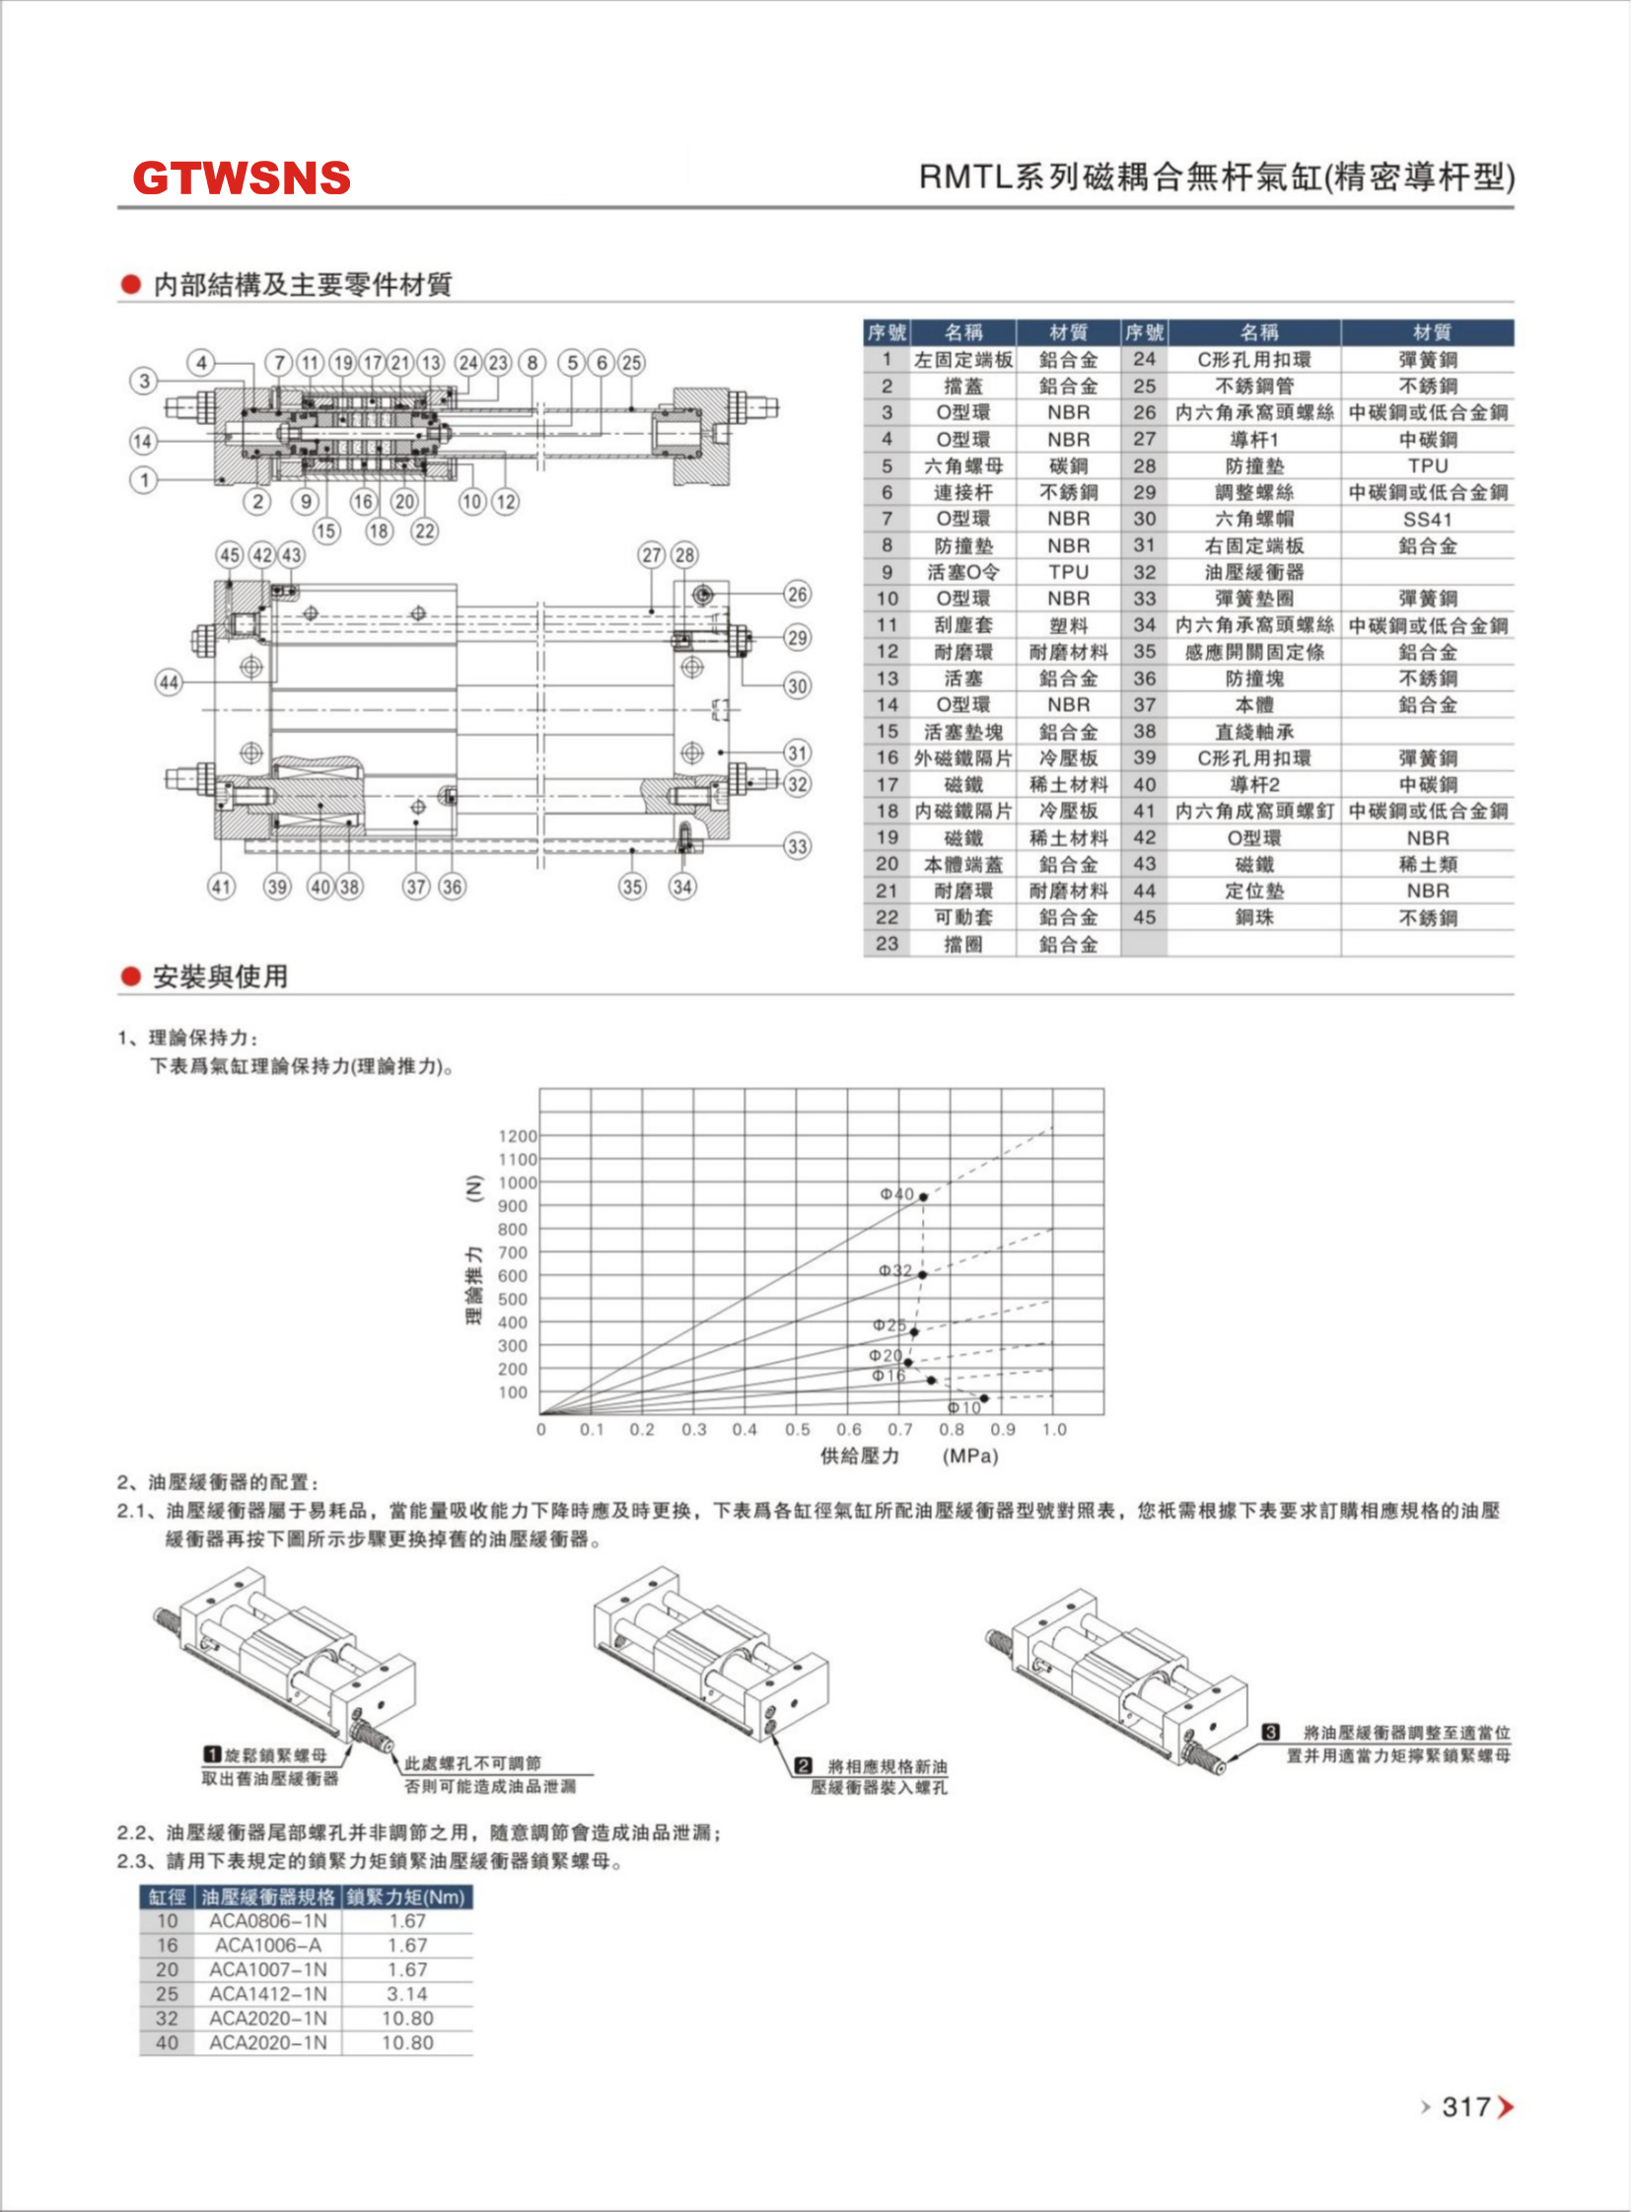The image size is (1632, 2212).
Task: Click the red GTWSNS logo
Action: click(241, 178)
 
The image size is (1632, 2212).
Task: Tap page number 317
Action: click(1465, 2107)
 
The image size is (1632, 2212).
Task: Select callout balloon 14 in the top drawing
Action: click(143, 441)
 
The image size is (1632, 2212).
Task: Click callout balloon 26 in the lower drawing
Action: click(797, 594)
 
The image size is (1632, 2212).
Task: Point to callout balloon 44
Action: click(169, 681)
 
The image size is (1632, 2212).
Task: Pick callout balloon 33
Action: click(797, 846)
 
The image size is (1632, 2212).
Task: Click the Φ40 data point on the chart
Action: click(924, 1196)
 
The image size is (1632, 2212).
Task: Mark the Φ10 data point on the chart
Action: click(984, 1398)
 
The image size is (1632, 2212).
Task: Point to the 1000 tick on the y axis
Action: click(518, 1182)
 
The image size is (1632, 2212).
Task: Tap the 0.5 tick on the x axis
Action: click(796, 1430)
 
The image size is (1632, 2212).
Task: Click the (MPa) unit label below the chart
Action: click(970, 1457)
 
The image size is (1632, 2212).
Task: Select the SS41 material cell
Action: click(1428, 519)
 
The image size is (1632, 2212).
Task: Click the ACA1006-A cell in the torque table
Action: click(267, 1945)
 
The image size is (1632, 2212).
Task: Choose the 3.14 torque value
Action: click(407, 1993)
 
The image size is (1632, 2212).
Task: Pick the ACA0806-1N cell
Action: click(267, 1920)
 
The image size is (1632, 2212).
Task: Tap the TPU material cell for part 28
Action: click(1428, 465)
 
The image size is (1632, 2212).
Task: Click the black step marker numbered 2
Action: click(803, 1764)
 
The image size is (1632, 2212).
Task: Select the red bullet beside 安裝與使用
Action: click(130, 976)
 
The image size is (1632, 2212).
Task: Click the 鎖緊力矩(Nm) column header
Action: click(406, 1896)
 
